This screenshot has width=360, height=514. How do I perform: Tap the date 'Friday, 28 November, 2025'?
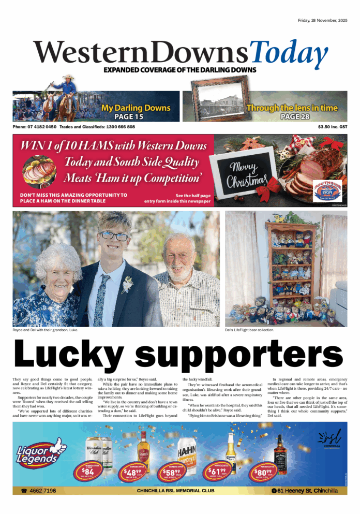(x=324, y=21)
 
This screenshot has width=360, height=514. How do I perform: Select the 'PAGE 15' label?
(x=136, y=117)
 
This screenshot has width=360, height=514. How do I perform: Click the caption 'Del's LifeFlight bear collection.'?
(x=250, y=330)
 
